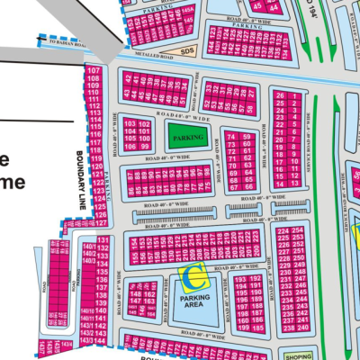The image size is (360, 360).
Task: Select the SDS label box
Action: pyautogui.click(x=186, y=52)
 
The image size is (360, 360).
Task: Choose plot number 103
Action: pyautogui.click(x=130, y=123)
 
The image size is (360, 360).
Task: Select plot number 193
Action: pyautogui.click(x=241, y=280)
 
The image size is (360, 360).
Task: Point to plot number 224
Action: pyautogui.click(x=284, y=231)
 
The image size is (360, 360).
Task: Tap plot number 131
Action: pyautogui.click(x=103, y=239)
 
